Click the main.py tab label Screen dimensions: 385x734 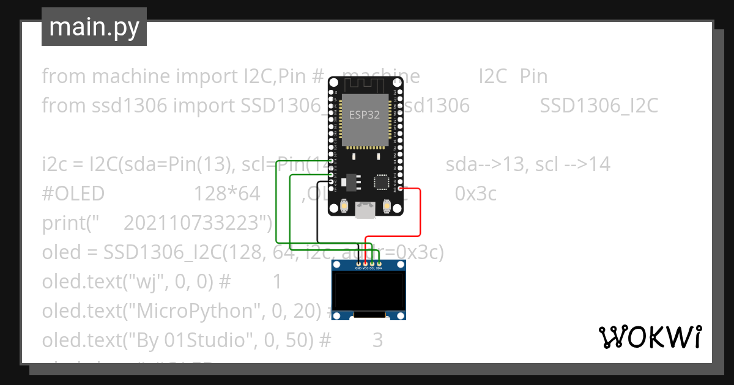click(x=94, y=27)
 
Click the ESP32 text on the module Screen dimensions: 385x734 click(x=365, y=114)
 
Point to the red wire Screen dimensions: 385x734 click(x=421, y=214)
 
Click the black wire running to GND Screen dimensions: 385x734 click(x=317, y=214)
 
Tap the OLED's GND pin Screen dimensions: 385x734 click(x=358, y=263)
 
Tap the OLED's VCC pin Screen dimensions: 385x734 click(x=365, y=263)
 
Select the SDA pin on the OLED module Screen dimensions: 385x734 click(x=379, y=263)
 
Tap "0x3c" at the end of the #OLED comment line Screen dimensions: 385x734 click(x=475, y=194)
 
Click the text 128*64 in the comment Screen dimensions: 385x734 click(x=227, y=194)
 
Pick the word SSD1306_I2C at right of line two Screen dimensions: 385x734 click(x=599, y=106)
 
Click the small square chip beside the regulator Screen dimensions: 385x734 click(x=382, y=182)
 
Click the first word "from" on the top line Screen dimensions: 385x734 click(x=64, y=76)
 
